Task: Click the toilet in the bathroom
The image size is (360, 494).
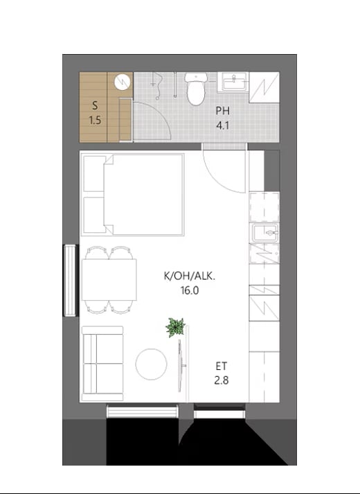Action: point(195,89)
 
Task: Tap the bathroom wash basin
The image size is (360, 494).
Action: point(233,82)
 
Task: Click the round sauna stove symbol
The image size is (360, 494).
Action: point(122,82)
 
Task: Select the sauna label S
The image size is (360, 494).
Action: point(95,106)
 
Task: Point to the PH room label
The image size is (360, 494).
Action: point(222,111)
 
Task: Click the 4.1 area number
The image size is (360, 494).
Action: point(222,125)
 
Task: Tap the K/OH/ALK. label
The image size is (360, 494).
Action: point(190,276)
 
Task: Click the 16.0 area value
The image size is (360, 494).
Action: point(190,290)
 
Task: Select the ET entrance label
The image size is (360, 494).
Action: point(222,366)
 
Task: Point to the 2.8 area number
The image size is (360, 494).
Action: point(222,380)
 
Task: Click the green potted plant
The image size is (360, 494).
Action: point(175,327)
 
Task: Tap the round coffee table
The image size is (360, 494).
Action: point(151,364)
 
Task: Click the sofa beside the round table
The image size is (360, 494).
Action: point(102,364)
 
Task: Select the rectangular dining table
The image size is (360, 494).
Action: point(109,280)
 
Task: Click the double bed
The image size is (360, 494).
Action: point(132,195)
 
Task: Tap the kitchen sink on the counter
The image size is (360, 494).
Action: point(264,233)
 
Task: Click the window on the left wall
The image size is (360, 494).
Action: point(71,280)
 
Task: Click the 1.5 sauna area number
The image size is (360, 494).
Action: point(95,121)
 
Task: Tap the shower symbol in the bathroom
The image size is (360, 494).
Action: point(156,86)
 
